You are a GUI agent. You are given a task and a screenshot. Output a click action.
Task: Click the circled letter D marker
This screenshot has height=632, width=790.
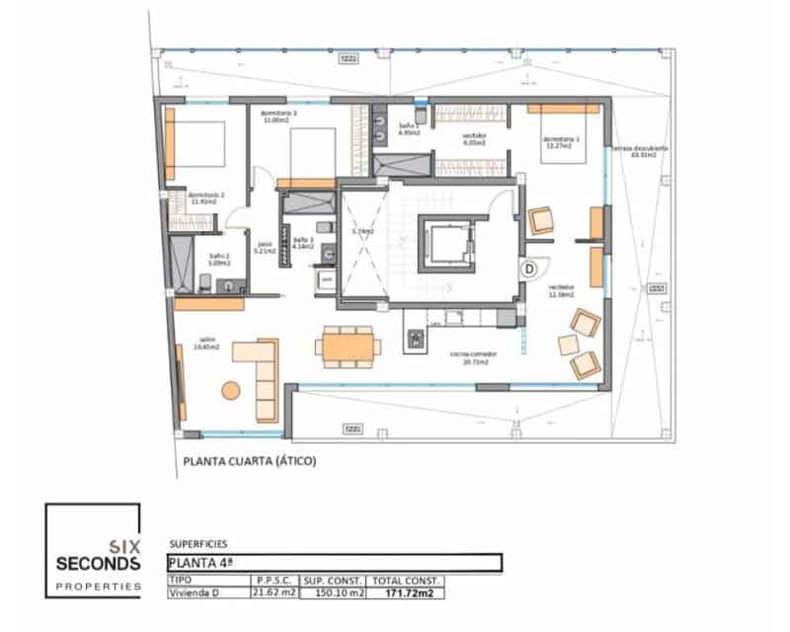[x=528, y=268]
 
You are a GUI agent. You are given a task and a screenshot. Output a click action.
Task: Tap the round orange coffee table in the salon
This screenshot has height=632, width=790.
[x=231, y=391]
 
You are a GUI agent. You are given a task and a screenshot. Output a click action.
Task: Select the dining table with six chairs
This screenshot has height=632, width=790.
[x=347, y=345]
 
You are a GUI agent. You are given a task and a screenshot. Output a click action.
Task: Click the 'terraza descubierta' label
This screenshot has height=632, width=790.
[x=640, y=151]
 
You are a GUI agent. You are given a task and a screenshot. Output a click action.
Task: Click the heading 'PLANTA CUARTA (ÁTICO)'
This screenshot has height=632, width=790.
[x=250, y=460]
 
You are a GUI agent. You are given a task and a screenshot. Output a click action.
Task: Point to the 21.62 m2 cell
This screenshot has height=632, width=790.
[x=276, y=593]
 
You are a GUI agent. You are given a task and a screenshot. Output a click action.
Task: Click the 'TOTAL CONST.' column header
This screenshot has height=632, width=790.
[x=405, y=581]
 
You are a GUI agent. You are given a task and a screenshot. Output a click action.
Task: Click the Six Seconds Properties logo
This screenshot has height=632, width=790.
[x=93, y=551]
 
